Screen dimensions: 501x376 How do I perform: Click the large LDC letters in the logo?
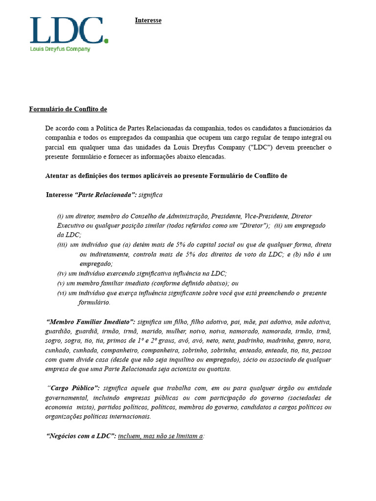point(67,30)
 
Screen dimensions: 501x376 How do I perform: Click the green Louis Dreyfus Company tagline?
point(60,49)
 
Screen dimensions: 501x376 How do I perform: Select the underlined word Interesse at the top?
point(148,21)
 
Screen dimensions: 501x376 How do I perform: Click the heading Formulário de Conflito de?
point(68,109)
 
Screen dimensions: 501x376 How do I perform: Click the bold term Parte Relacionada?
point(105,195)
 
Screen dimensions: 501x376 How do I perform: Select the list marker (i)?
point(60,216)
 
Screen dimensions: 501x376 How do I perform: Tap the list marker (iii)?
point(62,245)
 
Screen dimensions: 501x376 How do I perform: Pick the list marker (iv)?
point(61,273)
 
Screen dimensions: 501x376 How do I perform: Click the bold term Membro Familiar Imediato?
point(91,322)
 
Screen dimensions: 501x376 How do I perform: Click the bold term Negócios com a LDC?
point(81,436)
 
